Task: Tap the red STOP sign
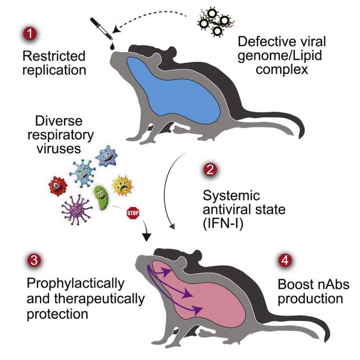point(132,211)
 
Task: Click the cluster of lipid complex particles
point(216,21)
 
